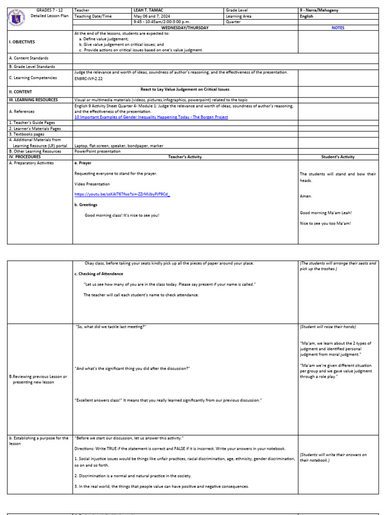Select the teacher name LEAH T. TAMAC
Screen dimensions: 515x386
[149, 10]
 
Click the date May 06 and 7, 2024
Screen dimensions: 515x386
[152, 16]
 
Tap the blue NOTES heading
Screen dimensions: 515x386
[338, 28]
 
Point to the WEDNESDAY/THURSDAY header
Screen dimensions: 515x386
[185, 28]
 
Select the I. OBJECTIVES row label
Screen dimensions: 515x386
[22, 42]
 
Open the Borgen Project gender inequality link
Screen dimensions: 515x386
[151, 117]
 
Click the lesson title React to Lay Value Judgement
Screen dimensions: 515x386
[185, 90]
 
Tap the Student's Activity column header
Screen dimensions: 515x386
[338, 157]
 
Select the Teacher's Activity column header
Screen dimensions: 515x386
[185, 157]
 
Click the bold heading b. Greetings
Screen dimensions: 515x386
[86, 205]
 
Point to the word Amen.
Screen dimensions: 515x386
[306, 196]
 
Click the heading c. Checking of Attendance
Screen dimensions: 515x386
[99, 274]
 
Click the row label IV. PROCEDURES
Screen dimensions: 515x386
[25, 157]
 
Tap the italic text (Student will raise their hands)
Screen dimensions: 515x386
[328, 326]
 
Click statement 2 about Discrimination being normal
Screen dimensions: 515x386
[133, 475]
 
